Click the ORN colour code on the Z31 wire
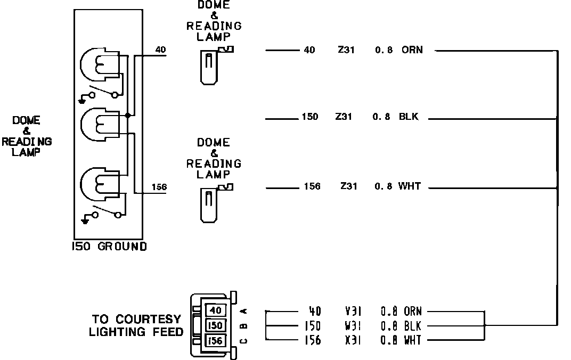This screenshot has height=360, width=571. pyautogui.click(x=412, y=50)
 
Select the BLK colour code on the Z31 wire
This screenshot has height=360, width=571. pyautogui.click(x=409, y=117)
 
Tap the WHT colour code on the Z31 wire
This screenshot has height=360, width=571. pyautogui.click(x=409, y=186)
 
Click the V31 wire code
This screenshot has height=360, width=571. pyautogui.click(x=353, y=311)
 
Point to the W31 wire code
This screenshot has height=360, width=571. pyautogui.click(x=353, y=326)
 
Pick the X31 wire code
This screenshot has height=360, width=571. pyautogui.click(x=353, y=340)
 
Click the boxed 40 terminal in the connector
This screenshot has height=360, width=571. pyautogui.click(x=216, y=310)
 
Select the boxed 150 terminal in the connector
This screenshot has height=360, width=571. pyautogui.click(x=216, y=325)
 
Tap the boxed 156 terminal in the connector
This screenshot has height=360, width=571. pyautogui.click(x=216, y=340)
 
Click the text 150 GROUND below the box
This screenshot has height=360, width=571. pyautogui.click(x=109, y=247)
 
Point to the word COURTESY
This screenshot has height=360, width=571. pyautogui.click(x=148, y=319)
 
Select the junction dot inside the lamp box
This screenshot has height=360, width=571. pyautogui.click(x=127, y=116)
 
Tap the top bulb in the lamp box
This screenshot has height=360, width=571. pyautogui.click(x=99, y=65)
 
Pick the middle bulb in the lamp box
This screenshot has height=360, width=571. pyautogui.click(x=99, y=125)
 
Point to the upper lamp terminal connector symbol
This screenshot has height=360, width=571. pyautogui.click(x=215, y=66)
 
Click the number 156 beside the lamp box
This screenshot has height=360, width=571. pyautogui.click(x=159, y=187)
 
